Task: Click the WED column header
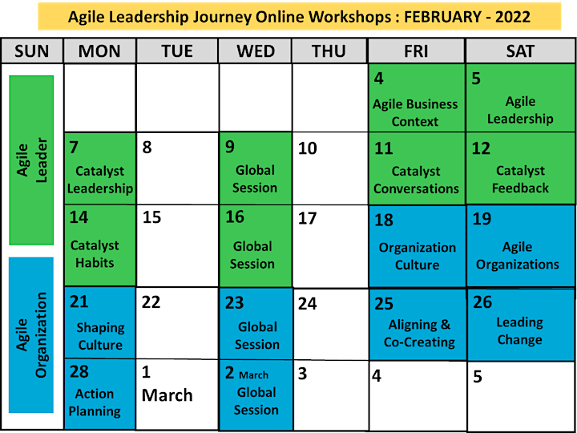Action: (256, 51)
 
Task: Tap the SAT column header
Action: (520, 51)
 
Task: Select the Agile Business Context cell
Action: (417, 98)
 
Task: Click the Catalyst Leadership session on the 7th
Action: (99, 168)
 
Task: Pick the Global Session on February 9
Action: (256, 168)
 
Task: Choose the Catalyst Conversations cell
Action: (417, 168)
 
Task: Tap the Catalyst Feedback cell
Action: (520, 168)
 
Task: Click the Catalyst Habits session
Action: (99, 245)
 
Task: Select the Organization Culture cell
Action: (417, 246)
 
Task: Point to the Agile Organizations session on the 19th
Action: (520, 246)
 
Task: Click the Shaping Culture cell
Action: (99, 322)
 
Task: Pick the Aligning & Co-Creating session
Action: (418, 325)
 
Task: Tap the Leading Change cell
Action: (521, 325)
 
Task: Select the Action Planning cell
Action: (99, 394)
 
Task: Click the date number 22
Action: (151, 302)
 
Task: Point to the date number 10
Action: (308, 148)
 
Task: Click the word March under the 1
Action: (167, 395)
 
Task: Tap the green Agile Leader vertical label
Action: (31, 160)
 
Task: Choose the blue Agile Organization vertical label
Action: (31, 335)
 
